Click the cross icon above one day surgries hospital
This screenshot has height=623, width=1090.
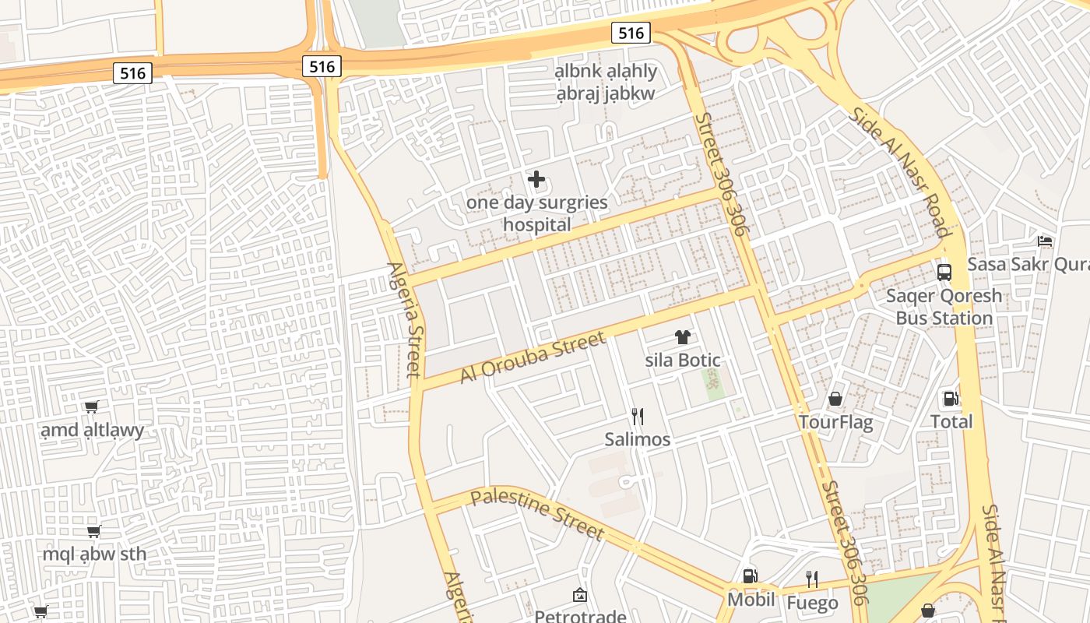pos(536,180)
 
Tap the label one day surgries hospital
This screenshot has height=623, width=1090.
pos(536,213)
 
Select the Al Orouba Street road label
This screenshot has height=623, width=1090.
pos(533,357)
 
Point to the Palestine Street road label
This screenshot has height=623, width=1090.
pos(537,514)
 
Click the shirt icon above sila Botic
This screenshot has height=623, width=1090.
pos(682,337)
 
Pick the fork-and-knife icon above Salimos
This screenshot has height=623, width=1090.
pos(638,417)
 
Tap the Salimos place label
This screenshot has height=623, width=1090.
pos(638,439)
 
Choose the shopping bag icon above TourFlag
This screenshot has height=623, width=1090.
pos(835,399)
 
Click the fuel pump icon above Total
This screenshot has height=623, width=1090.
pos(951,399)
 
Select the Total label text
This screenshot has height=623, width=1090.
pos(951,421)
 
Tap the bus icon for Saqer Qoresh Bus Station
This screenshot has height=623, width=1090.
pos(944,273)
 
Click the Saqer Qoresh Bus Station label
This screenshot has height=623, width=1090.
pos(944,307)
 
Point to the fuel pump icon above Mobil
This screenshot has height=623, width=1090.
pos(751,576)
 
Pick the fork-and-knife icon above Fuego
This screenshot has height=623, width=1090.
pos(811,579)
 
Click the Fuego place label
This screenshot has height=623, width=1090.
pos(812,603)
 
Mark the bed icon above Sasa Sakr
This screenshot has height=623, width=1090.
pos(1045,241)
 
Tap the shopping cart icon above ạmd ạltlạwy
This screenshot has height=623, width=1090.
pos(92,407)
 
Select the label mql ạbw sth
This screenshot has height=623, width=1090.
pos(94,554)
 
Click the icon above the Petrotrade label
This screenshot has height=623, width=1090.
pos(580,596)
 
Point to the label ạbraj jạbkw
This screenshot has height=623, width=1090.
pos(606,93)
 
